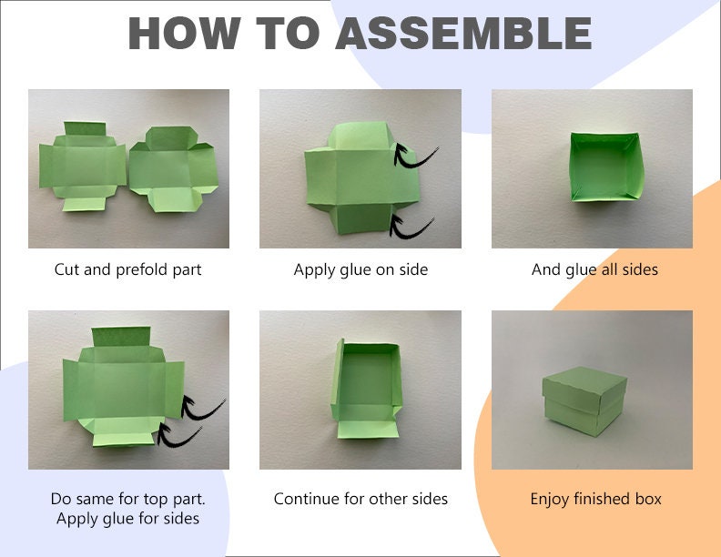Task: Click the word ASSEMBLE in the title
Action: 463,34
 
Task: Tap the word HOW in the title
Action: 182,34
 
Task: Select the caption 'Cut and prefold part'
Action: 128,269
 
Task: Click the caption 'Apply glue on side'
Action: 360,269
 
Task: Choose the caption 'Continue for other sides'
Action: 360,499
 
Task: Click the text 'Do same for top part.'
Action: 128,499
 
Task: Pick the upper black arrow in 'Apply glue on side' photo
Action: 414,156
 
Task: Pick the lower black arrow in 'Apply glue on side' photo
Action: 411,225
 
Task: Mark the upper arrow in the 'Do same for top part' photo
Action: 202,407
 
